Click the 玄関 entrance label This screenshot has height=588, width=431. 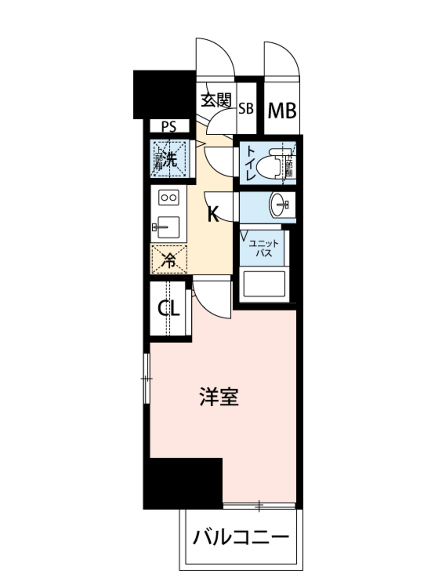point(216,101)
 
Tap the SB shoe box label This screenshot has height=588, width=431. point(246,108)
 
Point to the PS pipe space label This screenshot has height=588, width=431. point(169,126)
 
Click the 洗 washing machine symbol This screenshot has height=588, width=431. point(169,159)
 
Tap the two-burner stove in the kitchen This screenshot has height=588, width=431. point(169,197)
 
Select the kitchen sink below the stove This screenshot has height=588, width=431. point(168,227)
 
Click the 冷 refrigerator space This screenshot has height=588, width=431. point(169,260)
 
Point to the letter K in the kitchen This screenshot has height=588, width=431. point(213,215)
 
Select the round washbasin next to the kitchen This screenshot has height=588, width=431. point(278,205)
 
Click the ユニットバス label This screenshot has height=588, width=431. point(264,248)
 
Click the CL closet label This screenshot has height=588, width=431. point(168,308)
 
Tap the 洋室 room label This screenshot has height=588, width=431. point(219,397)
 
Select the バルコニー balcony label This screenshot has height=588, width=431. point(241,537)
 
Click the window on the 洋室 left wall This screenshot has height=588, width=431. point(147,379)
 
